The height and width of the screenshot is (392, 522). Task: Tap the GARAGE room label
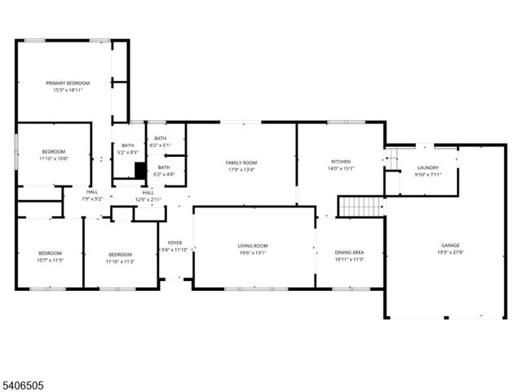[450, 245]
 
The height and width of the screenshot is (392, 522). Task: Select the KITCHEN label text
[341, 162]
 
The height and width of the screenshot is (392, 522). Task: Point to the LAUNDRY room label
[427, 167]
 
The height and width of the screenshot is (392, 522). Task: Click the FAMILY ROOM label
[241, 163]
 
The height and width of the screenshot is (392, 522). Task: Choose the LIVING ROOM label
[253, 245]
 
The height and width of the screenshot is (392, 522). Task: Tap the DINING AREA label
[349, 253]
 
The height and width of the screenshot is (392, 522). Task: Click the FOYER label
[175, 243]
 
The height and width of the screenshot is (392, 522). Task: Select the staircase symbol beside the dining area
[360, 207]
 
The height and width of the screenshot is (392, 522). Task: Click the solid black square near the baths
[139, 170]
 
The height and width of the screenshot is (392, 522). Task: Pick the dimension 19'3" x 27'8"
[450, 252]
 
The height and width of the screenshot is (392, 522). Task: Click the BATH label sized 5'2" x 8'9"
[128, 145]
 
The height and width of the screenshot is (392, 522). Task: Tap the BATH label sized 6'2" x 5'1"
[160, 139]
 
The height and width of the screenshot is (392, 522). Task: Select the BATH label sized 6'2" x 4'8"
[164, 167]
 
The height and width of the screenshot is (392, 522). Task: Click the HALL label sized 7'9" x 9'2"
[92, 192]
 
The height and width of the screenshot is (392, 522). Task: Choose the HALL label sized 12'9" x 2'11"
[148, 193]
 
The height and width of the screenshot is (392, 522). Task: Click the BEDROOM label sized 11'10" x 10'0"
[54, 152]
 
